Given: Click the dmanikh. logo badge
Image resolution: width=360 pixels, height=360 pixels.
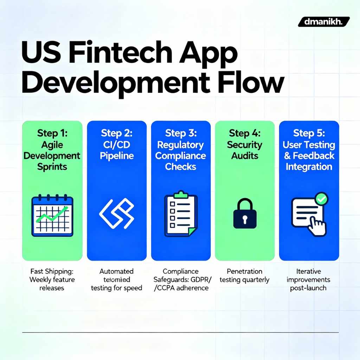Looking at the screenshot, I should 323,22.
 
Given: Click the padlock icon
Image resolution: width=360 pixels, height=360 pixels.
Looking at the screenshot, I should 245,214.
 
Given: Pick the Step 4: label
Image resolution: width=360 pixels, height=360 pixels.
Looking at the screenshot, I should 245,134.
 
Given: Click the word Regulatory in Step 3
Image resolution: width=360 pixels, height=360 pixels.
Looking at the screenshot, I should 180,145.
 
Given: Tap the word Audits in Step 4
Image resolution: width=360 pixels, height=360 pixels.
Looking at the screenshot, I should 245,155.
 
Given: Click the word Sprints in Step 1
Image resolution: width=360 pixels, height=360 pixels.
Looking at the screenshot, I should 52,167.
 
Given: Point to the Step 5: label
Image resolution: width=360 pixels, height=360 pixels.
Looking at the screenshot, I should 309,134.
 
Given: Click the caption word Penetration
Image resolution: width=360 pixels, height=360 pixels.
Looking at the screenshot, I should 245,271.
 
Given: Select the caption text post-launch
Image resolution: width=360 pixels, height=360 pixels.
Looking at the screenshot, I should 308,288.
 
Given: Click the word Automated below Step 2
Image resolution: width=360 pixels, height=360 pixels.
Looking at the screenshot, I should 116,271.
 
